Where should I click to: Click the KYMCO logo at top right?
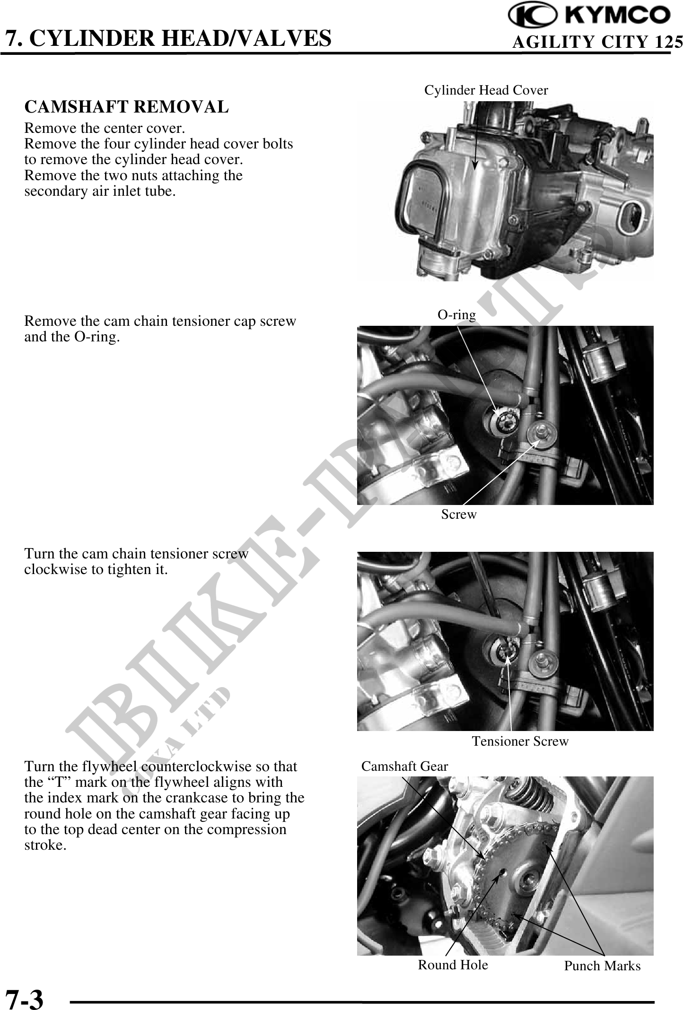pos(589,15)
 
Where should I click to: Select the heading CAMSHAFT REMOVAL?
pos(126,107)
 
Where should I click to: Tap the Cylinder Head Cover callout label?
pos(486,90)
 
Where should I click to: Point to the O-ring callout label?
pos(456,314)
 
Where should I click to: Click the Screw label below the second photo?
pos(459,514)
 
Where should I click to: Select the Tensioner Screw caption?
pos(520,741)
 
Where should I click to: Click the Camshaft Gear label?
pos(404,766)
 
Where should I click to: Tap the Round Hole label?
pos(453,964)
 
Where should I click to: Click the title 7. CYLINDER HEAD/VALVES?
pos(168,38)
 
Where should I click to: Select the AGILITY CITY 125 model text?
pos(597,42)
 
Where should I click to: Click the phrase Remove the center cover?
pos(105,128)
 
